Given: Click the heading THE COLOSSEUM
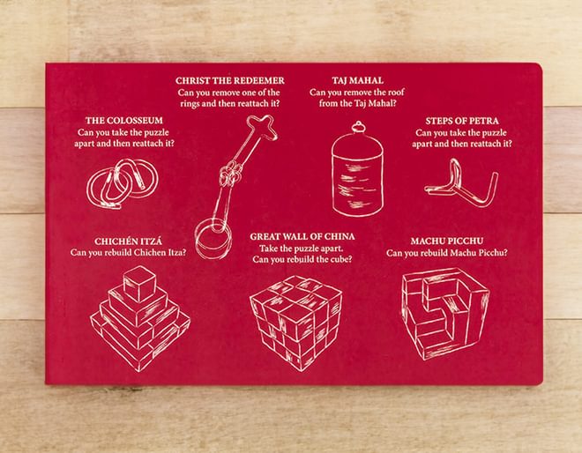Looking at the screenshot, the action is click(124, 120).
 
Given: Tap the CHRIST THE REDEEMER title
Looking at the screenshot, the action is click(230, 80).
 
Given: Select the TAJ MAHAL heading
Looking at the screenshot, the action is click(357, 80).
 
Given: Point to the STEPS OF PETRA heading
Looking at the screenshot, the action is click(462, 121).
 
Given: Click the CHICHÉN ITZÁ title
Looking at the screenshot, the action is click(128, 241).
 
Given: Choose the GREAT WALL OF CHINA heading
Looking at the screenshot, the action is click(302, 236).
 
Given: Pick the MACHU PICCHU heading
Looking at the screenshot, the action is click(447, 241).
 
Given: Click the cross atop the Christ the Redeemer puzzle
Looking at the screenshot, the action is click(263, 128).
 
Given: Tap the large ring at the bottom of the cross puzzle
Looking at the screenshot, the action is click(213, 239).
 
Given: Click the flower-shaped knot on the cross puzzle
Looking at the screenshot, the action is click(228, 175).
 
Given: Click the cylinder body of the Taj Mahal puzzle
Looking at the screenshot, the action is click(357, 175).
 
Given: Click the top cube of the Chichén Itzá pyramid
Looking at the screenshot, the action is click(139, 284).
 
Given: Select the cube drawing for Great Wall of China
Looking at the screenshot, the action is click(295, 323).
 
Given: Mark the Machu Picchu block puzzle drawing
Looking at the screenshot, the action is click(445, 314).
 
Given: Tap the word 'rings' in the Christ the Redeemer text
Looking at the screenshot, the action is click(190, 103).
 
